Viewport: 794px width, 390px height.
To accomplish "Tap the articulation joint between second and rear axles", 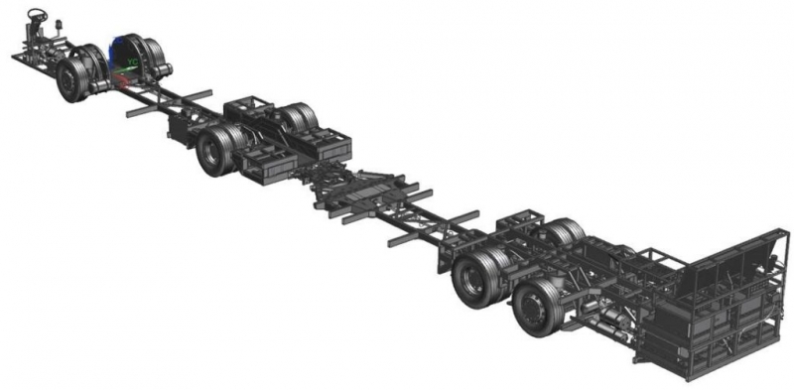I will point(357,191).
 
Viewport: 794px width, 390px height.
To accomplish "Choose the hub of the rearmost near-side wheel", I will point(533,307).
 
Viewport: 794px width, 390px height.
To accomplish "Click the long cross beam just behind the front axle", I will point(169,102).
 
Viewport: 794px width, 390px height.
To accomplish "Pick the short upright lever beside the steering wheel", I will point(59,25).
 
